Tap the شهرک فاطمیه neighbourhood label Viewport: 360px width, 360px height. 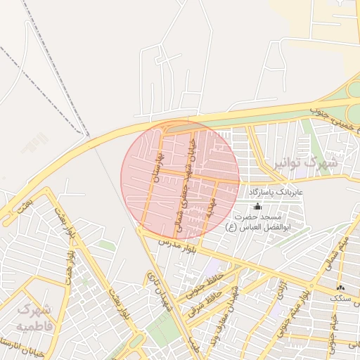pos(34,318)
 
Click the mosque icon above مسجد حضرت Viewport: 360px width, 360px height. pos(257,206)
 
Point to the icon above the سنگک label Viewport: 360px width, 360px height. pos(340,288)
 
